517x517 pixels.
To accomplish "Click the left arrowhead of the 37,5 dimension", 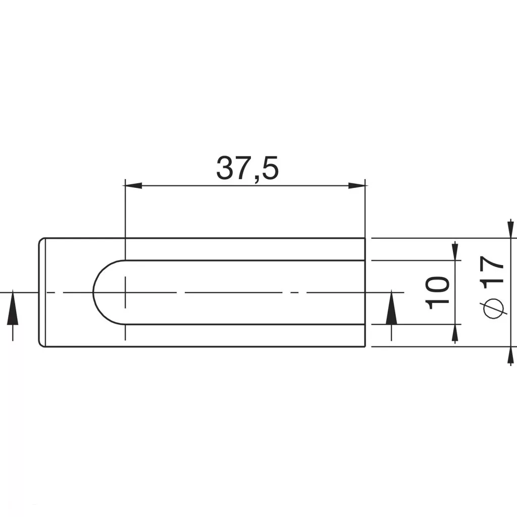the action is [133, 186].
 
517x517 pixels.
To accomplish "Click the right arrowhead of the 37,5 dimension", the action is [357, 186].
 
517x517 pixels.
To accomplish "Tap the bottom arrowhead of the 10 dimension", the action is [455, 334].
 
